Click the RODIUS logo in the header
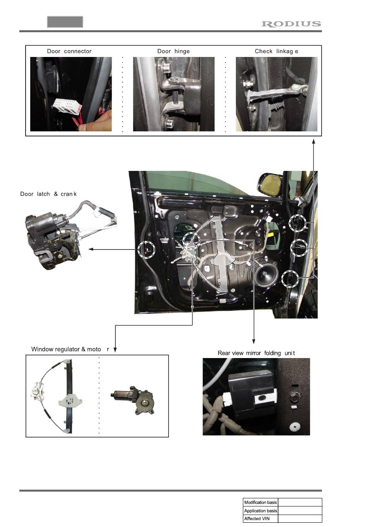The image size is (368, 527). click(x=291, y=24)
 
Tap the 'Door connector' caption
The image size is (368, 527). click(x=69, y=51)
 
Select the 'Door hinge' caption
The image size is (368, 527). click(x=173, y=51)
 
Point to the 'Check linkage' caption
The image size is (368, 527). click(x=276, y=51)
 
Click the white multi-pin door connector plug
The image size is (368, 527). click(x=67, y=106)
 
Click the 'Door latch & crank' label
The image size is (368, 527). click(x=48, y=194)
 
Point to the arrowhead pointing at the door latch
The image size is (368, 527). click(x=91, y=249)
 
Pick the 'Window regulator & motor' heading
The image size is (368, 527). click(x=70, y=349)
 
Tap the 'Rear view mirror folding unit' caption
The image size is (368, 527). click(x=256, y=353)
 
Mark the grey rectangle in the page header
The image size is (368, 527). click(x=65, y=22)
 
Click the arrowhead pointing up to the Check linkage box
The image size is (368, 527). click(x=313, y=141)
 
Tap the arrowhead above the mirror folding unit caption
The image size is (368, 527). click(x=253, y=341)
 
